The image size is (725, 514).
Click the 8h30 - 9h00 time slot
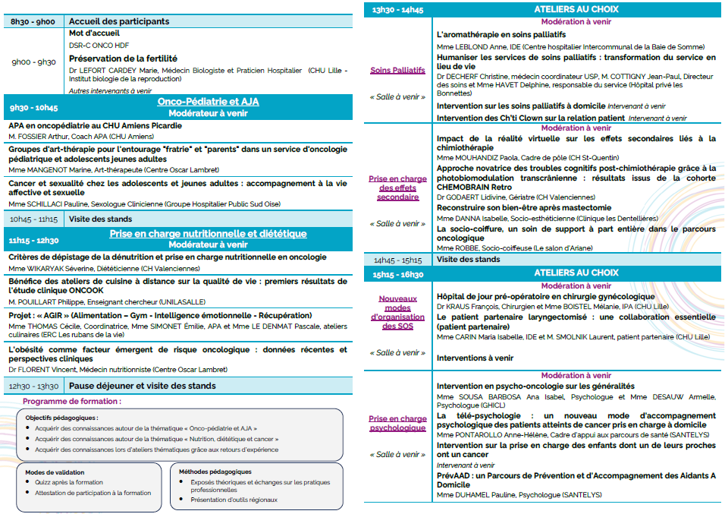click(x=33, y=21)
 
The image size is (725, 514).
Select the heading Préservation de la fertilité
click(x=123, y=58)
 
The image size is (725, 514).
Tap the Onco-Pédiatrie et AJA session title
click(x=207, y=101)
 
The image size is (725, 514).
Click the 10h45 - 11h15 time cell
click(x=33, y=219)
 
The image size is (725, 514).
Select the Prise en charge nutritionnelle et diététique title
click(x=207, y=234)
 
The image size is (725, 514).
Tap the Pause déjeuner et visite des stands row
click(x=142, y=386)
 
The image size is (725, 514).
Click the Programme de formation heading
click(x=71, y=401)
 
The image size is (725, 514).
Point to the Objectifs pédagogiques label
click(x=61, y=418)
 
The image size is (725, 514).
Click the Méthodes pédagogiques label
click(x=215, y=471)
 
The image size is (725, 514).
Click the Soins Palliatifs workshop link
click(x=397, y=70)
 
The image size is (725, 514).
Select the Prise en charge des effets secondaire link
click(x=397, y=188)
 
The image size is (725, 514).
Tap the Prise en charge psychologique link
click(x=397, y=423)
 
